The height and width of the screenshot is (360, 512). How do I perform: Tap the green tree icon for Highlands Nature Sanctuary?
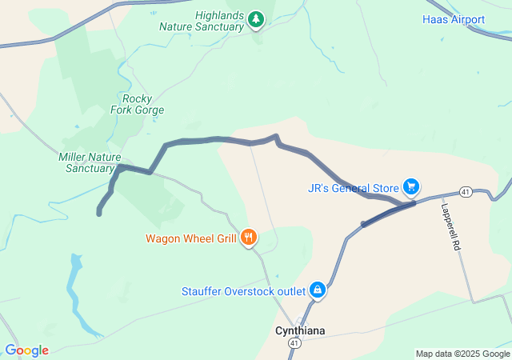tap(255, 18)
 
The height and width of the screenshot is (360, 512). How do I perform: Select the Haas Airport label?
tap(454, 19)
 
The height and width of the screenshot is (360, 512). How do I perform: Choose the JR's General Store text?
tap(353, 188)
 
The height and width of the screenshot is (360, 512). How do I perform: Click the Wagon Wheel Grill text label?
tap(190, 238)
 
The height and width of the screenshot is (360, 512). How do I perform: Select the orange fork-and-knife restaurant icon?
tap(249, 237)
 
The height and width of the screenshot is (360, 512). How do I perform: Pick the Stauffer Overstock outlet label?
tap(242, 290)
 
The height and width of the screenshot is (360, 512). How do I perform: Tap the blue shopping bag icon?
tap(318, 289)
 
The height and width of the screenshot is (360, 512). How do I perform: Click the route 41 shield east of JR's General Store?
tap(465, 192)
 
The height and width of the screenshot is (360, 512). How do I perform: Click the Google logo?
tap(26, 350)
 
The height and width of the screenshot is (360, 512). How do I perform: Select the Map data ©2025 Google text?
tap(462, 354)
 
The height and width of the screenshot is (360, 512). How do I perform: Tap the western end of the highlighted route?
tap(99, 213)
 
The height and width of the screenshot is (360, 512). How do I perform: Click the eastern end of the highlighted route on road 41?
tap(364, 224)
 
